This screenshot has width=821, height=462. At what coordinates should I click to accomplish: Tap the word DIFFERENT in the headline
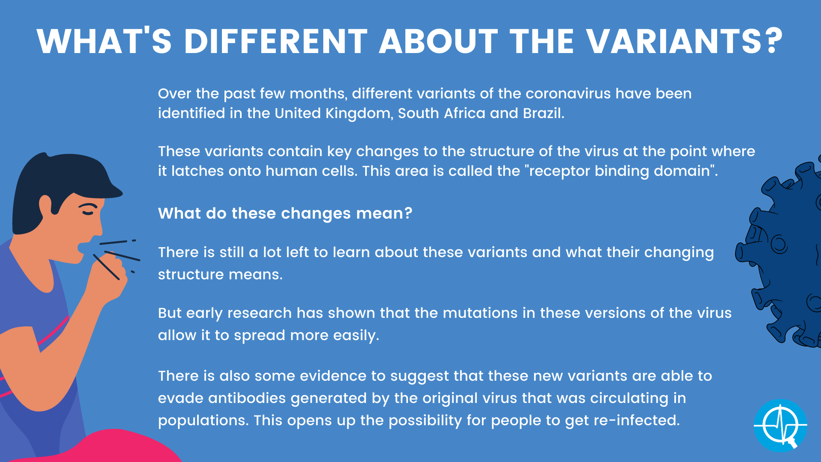276,41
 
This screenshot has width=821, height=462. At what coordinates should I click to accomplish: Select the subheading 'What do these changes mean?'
285,213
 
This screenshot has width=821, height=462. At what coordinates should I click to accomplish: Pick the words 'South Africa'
442,113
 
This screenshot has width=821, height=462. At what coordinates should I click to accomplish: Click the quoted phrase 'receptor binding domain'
622,171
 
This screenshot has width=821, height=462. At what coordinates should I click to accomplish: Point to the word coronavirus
568,93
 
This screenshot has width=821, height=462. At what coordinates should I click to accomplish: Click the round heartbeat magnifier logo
780,426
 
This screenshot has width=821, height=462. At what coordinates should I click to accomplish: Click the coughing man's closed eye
88,210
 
